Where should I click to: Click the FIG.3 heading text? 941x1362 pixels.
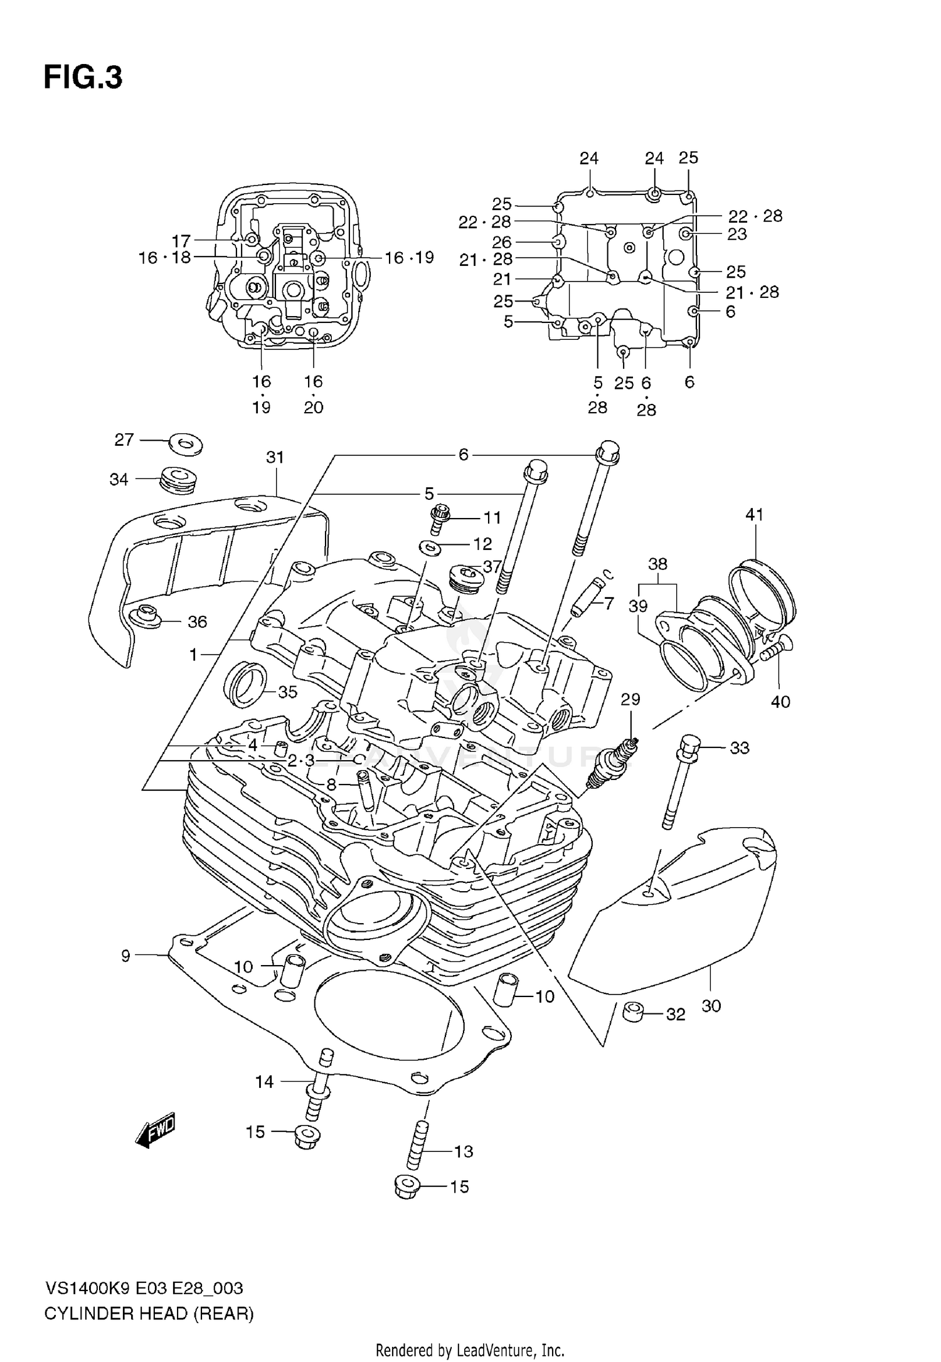coord(83,78)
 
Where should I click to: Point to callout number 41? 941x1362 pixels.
coord(754,515)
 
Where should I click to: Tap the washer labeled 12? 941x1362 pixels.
coord(429,548)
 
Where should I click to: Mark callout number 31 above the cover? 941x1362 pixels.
coord(275,458)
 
